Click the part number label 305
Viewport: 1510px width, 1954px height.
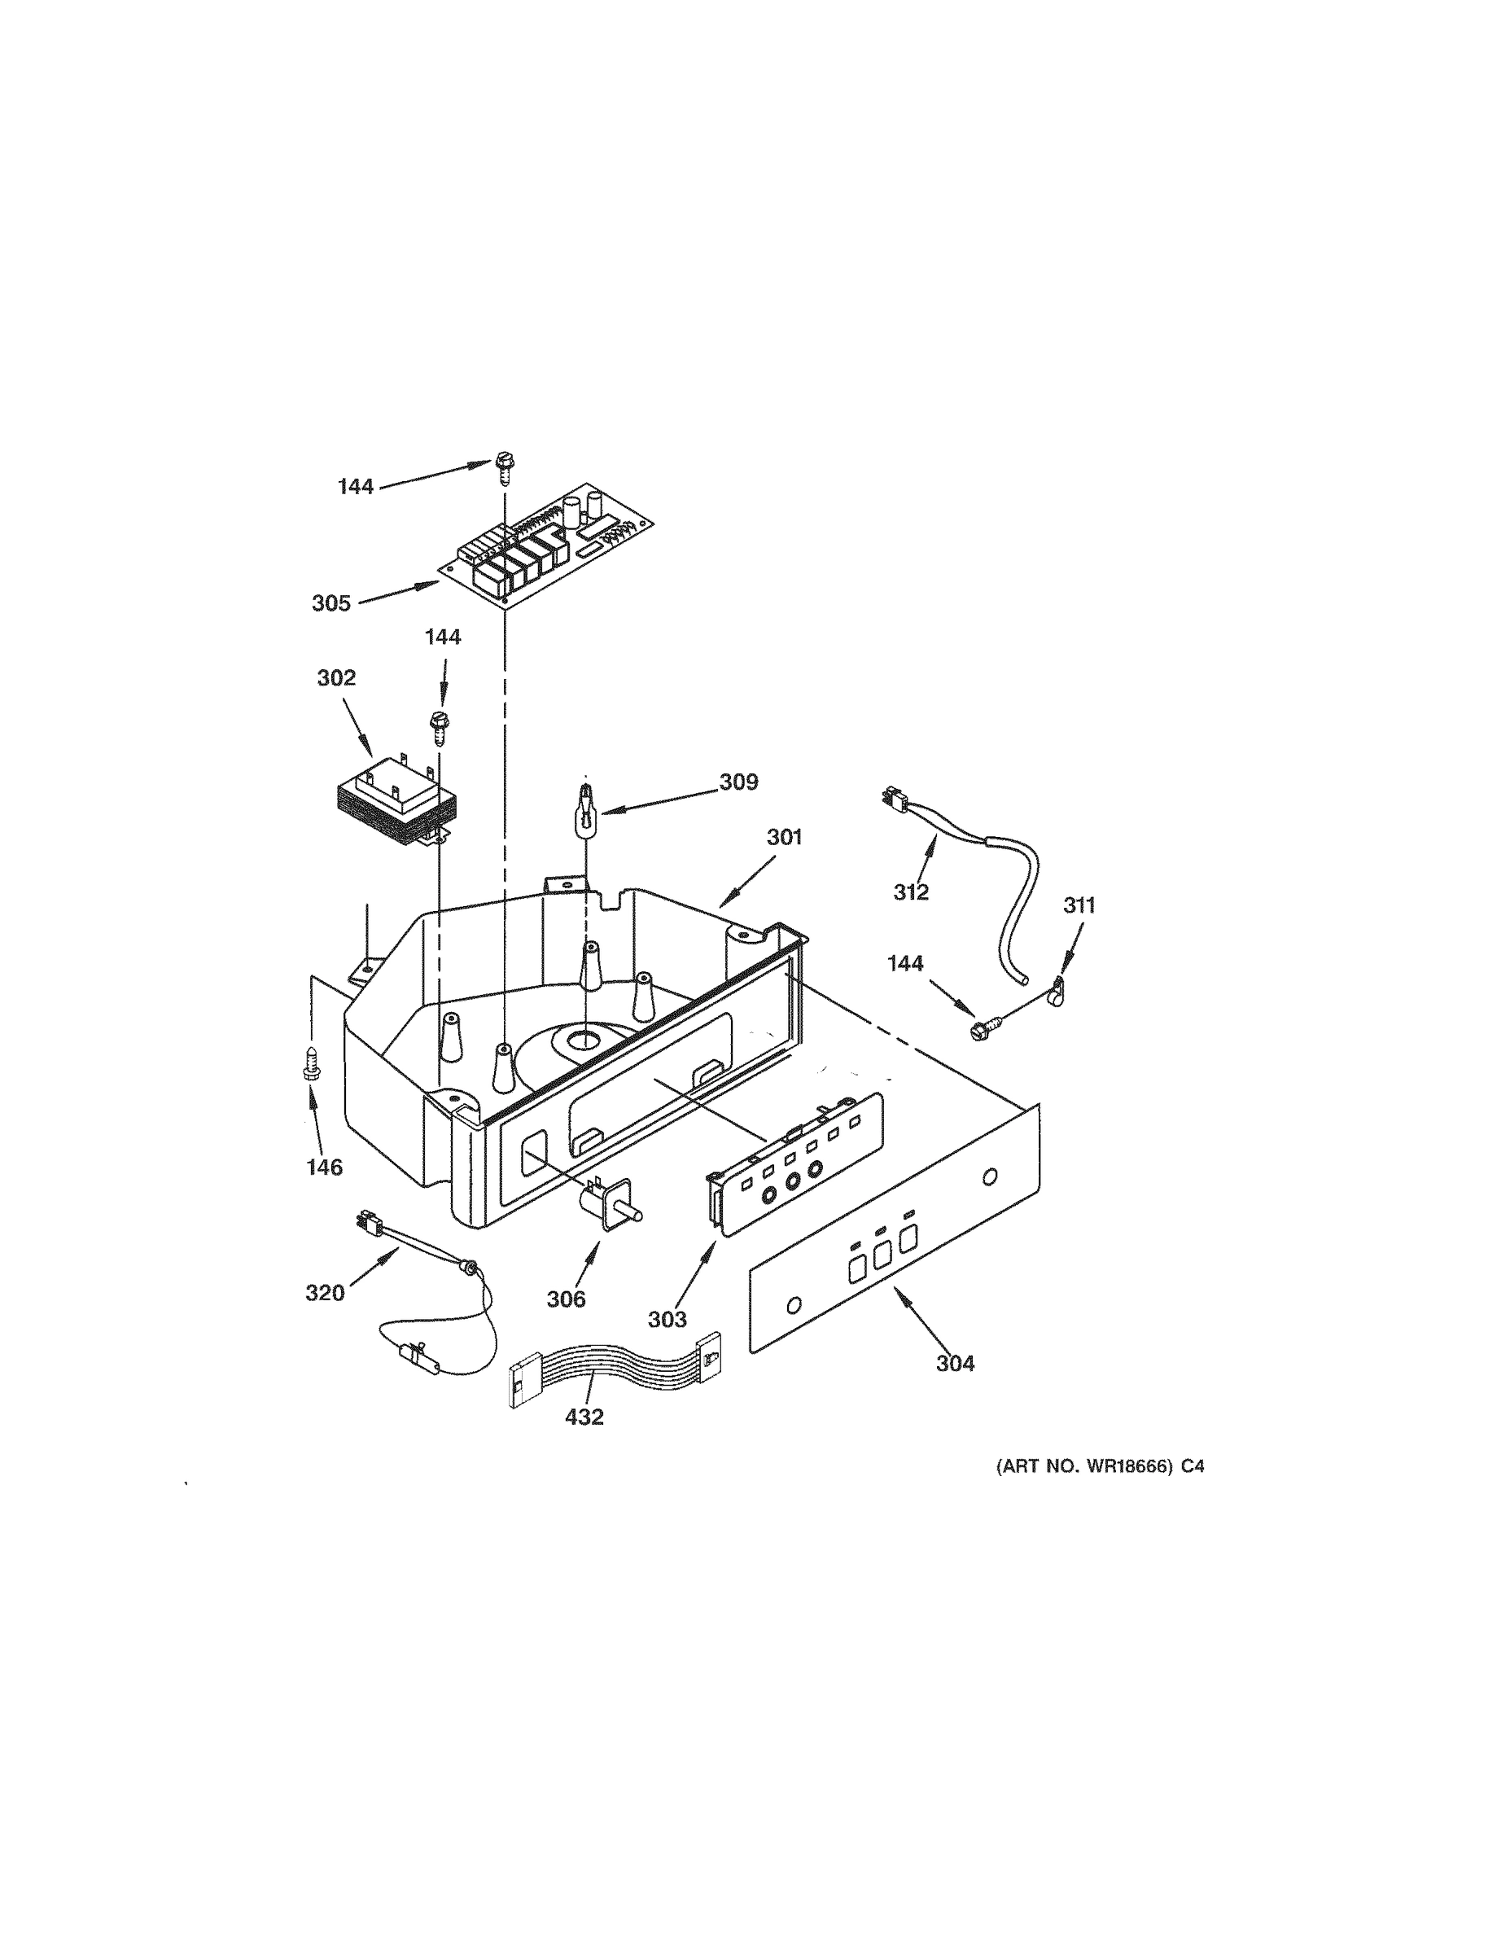pyautogui.click(x=331, y=604)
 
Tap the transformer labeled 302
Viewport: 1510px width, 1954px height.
pyautogui.click(x=396, y=802)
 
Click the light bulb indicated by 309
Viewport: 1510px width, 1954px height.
pyautogui.click(x=584, y=810)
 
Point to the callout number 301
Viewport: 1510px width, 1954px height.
pyautogui.click(x=785, y=838)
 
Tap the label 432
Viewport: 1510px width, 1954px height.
pyautogui.click(x=584, y=1417)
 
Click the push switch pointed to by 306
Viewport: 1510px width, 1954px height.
pyautogui.click(x=614, y=1202)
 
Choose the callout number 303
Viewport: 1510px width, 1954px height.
pyautogui.click(x=667, y=1319)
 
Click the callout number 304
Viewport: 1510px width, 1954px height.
pyautogui.click(x=956, y=1364)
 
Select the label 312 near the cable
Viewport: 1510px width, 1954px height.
pyautogui.click(x=911, y=892)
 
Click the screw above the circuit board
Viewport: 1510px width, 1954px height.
pyautogui.click(x=503, y=468)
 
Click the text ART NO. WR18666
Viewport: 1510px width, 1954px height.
pyautogui.click(x=1083, y=1467)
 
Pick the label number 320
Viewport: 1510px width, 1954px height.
pyautogui.click(x=325, y=1293)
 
